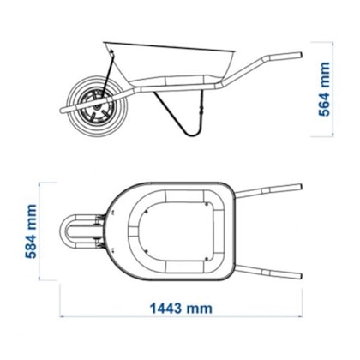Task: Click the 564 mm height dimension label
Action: [324, 89]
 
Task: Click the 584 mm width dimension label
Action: [31, 231]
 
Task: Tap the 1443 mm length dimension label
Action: [181, 309]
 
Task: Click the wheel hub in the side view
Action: [96, 107]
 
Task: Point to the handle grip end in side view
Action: [298, 55]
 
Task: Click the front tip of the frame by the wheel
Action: [61, 111]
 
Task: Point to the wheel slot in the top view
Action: [84, 231]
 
